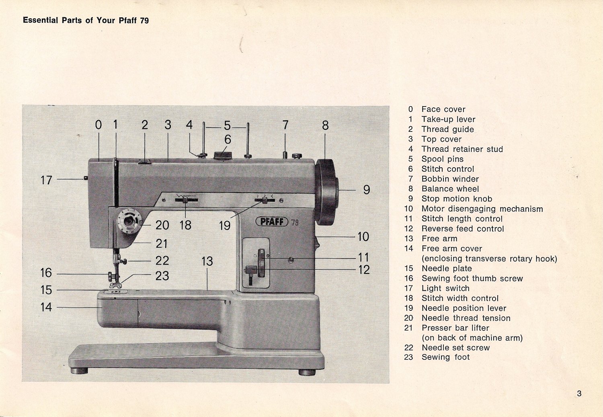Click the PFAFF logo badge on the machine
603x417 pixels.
pos(272,222)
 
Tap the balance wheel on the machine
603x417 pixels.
pos(326,192)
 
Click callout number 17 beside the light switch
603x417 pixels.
pos(46,180)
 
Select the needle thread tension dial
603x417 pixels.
pos(129,221)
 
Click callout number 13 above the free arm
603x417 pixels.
pos(207,261)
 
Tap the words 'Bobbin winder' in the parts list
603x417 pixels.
pos(450,179)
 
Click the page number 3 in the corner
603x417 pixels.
pos(579,393)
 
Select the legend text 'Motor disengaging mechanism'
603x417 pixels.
pos(482,209)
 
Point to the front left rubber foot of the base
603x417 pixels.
pos(79,370)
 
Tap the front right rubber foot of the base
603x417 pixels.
pos(307,372)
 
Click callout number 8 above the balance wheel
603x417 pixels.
pos(325,125)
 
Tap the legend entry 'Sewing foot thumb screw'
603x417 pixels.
pos(472,278)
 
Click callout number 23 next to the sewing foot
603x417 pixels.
pos(162,276)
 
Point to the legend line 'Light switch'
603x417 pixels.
pos(445,288)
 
